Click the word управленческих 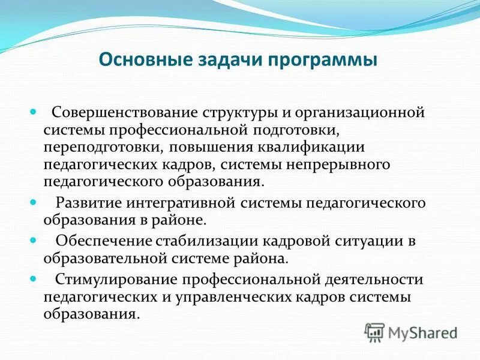click(x=229, y=297)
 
